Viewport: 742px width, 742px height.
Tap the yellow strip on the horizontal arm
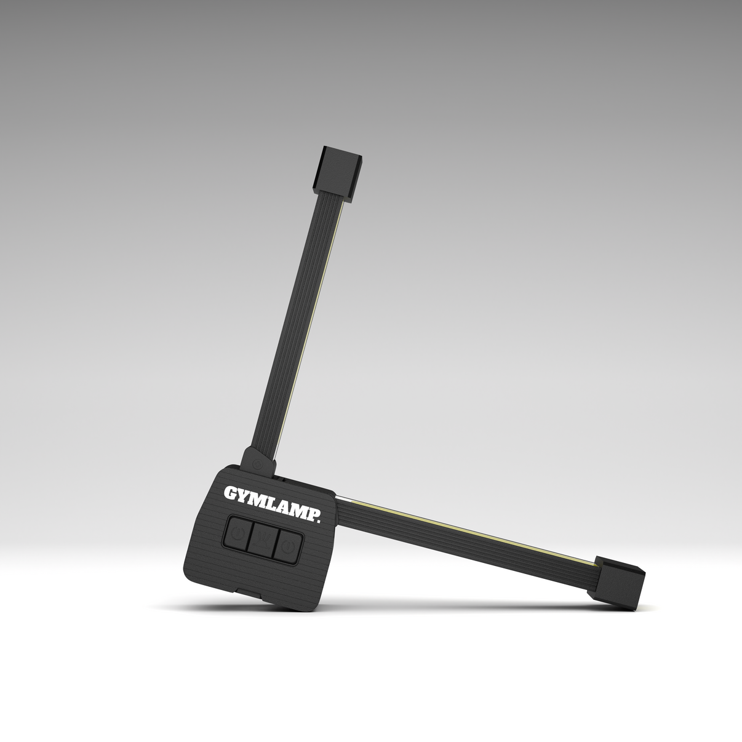(x=468, y=527)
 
